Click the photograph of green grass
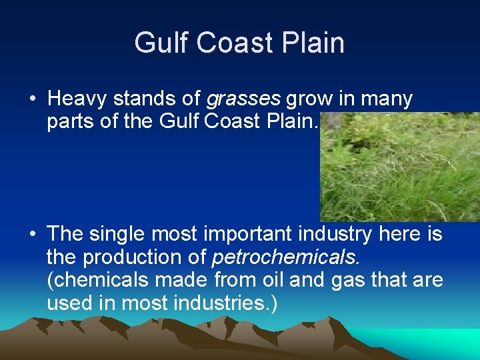click(399, 167)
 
